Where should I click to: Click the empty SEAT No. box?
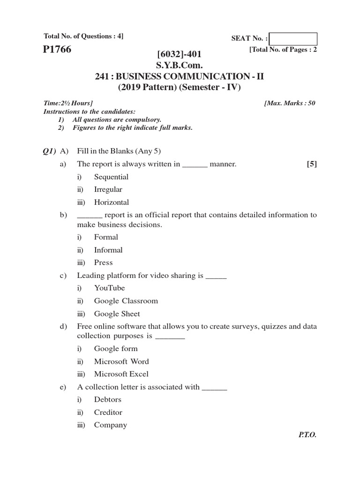click(x=293, y=39)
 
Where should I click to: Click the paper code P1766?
click(x=57, y=50)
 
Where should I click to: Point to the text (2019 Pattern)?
click(x=148, y=87)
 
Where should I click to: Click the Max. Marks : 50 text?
click(x=290, y=103)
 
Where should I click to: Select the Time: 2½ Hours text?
click(x=68, y=103)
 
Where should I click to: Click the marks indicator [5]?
click(x=311, y=164)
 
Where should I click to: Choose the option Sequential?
click(x=111, y=177)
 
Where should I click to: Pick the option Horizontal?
click(x=111, y=202)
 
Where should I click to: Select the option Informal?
click(x=108, y=250)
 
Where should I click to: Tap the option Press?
click(x=103, y=262)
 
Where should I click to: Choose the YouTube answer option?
click(x=109, y=288)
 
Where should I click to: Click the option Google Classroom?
click(x=126, y=301)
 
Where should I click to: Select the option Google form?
click(x=116, y=348)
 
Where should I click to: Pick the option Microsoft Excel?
click(x=121, y=374)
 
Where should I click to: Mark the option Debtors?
click(x=107, y=399)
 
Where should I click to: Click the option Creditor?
click(x=108, y=412)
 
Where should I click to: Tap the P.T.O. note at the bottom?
click(x=307, y=435)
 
